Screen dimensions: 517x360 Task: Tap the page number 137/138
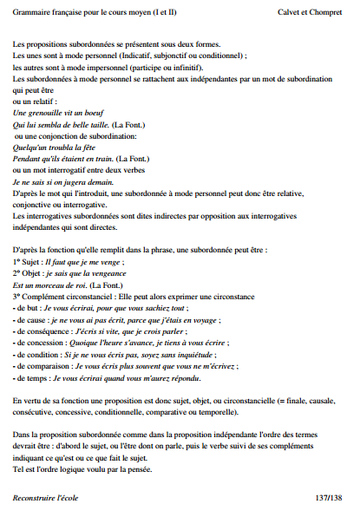click(x=330, y=497)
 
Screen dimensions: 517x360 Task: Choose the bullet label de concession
click(x=40, y=342)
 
